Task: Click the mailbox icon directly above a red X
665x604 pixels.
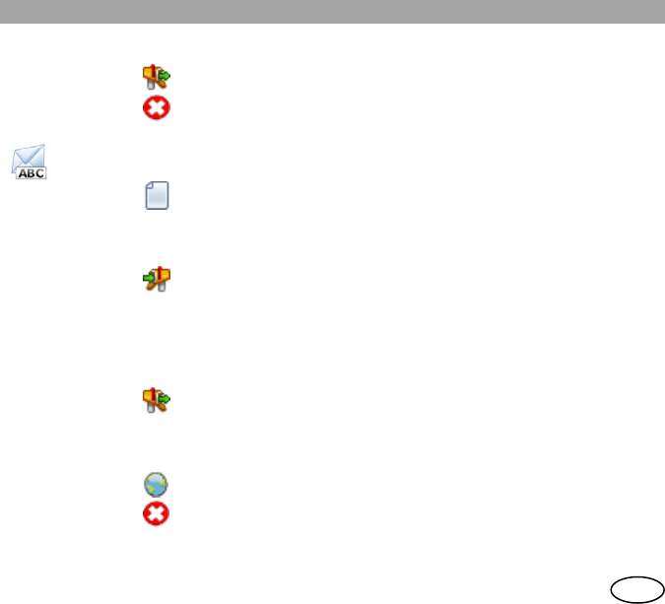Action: coord(156,78)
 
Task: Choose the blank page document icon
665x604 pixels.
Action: coord(157,194)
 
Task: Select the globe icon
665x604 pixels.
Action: coord(156,484)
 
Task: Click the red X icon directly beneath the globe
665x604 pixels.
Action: coord(156,512)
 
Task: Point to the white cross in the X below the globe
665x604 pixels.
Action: coord(156,512)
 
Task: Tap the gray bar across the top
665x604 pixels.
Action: coord(332,12)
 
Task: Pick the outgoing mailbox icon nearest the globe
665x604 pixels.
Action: coord(156,399)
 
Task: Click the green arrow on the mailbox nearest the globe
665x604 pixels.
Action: coord(165,398)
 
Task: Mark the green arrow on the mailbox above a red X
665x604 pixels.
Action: coord(165,75)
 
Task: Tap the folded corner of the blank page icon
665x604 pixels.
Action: coord(165,184)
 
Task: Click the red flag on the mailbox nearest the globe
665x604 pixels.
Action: coord(152,394)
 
